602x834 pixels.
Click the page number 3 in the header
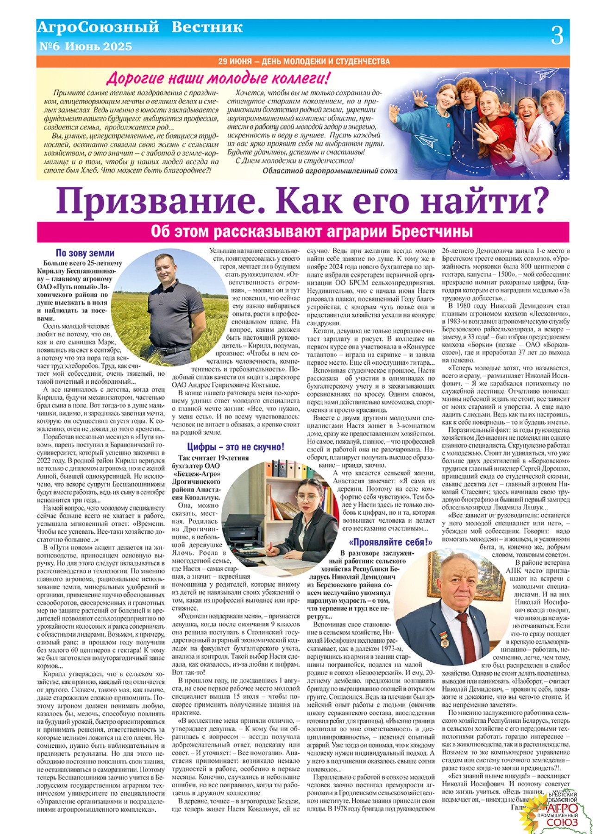(557, 35)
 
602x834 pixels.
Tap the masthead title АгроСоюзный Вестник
(139, 27)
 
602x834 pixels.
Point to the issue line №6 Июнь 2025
(86, 46)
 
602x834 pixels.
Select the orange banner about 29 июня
(303, 61)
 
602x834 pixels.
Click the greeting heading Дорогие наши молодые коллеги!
(219, 77)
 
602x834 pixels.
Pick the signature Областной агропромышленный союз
(330, 171)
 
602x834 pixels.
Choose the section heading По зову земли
(85, 253)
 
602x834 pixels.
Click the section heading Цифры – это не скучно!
(236, 447)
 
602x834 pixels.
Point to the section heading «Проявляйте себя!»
(391, 542)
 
